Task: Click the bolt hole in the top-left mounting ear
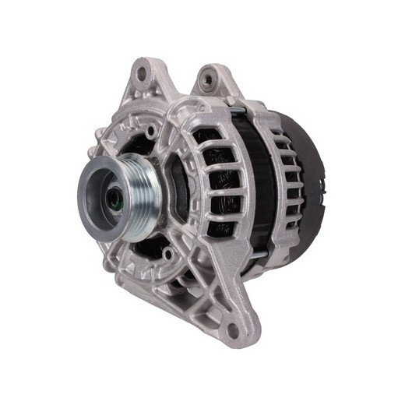(x=142, y=76)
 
